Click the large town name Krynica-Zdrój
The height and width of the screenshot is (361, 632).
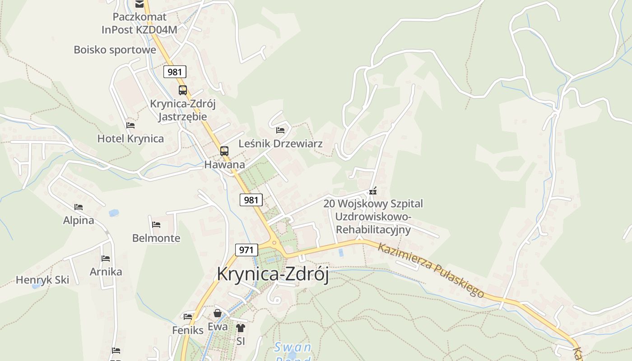[273, 274]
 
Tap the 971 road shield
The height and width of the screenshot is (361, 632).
[246, 250]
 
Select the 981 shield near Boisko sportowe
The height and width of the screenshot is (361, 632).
[175, 72]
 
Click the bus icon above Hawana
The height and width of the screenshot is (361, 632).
[224, 151]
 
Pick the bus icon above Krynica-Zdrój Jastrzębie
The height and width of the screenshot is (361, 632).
[182, 90]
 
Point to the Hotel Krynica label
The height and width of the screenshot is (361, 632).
[130, 139]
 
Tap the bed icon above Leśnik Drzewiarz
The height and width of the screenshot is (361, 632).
[280, 130]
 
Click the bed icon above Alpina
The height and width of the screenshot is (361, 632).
[79, 207]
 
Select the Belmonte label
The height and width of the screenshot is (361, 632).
[156, 238]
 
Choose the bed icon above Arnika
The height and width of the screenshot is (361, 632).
[106, 259]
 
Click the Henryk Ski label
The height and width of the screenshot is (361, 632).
[42, 280]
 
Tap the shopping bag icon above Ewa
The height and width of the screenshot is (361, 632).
[218, 313]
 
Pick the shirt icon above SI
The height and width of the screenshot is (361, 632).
[241, 328]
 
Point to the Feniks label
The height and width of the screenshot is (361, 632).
[188, 330]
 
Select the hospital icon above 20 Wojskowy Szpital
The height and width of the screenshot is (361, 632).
[373, 191]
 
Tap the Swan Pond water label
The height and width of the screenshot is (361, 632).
[293, 347]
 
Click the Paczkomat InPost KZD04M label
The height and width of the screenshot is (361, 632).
[139, 23]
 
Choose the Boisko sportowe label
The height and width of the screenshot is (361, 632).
[115, 50]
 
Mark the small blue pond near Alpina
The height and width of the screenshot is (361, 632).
[114, 213]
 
